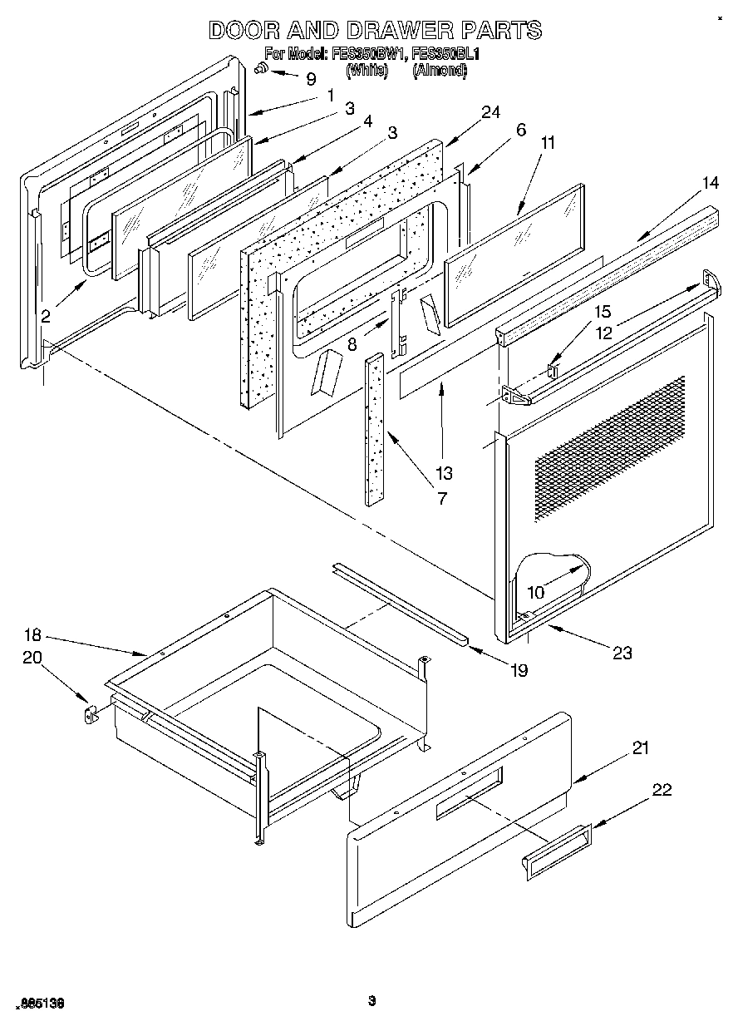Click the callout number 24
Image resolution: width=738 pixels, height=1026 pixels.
(x=491, y=113)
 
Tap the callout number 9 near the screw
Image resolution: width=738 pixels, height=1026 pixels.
(x=311, y=79)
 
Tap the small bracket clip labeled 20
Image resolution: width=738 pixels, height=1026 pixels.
(x=91, y=713)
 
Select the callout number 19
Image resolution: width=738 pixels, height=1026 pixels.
(x=519, y=670)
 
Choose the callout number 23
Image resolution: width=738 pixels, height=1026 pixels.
(x=622, y=653)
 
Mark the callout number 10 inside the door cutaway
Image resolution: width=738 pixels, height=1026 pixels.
(x=536, y=592)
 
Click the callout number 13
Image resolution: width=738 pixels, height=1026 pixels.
(x=444, y=473)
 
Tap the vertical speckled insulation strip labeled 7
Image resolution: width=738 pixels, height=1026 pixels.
(x=374, y=428)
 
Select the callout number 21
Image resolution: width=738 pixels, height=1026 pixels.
(x=640, y=747)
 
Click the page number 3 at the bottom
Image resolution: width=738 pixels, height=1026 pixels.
(x=372, y=1000)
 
